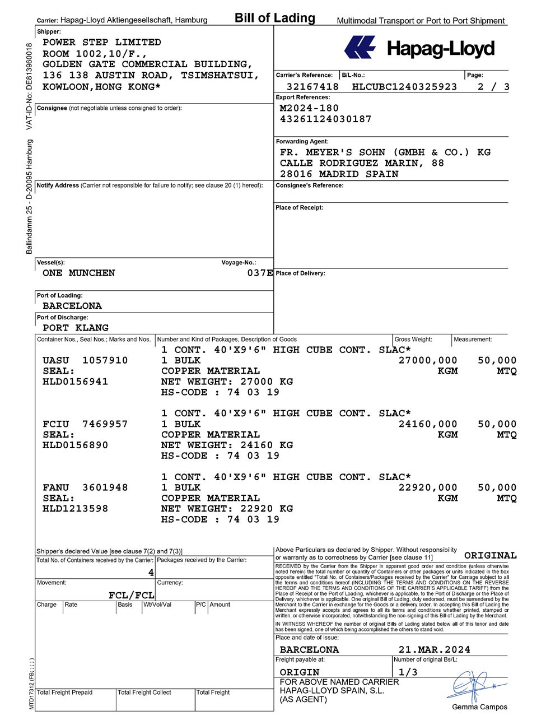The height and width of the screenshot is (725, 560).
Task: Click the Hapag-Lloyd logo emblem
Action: (360, 48)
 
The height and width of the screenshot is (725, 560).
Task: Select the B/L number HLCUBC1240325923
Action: (404, 87)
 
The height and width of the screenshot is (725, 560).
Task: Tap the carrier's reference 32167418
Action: (312, 87)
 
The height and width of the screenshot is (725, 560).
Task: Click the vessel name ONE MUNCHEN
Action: (79, 273)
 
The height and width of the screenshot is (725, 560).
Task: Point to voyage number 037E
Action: (260, 273)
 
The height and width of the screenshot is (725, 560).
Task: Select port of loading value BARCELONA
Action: (72, 306)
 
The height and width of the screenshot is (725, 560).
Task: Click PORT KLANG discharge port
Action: (76, 328)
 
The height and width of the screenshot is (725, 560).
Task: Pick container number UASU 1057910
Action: (85, 360)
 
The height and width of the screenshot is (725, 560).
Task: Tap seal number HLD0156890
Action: (76, 445)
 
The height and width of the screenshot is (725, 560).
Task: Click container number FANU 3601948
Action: (85, 487)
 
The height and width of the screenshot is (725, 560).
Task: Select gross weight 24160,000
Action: (428, 424)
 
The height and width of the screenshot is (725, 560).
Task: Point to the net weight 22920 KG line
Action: (227, 509)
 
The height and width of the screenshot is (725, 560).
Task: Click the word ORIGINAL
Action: (491, 555)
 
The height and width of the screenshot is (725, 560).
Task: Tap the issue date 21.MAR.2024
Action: (435, 650)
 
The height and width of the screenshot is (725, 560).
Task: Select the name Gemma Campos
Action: (479, 707)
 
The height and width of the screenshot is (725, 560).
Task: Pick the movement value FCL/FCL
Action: (132, 595)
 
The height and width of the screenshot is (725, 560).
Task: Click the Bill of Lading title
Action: (275, 18)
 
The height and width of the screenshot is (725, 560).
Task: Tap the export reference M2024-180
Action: (309, 108)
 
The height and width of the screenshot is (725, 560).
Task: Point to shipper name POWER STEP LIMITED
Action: (102, 43)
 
